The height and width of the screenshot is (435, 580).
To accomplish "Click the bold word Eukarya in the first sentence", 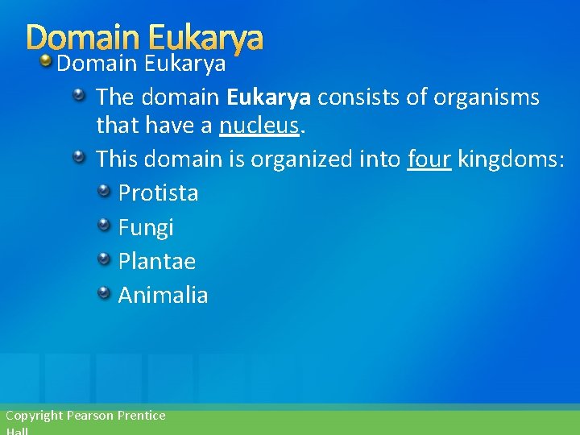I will pyautogui.click(x=268, y=98).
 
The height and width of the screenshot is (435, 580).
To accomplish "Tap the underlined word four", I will pyautogui.click(x=429, y=159).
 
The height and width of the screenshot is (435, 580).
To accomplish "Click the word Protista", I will pyautogui.click(x=158, y=193).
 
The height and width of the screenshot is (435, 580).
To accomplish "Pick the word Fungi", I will pyautogui.click(x=146, y=228).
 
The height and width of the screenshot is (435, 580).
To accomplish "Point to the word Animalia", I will pyautogui.click(x=163, y=296).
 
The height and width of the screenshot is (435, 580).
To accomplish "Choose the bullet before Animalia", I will pyautogui.click(x=105, y=293).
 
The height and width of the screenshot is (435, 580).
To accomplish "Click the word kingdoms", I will pyautogui.click(x=508, y=159).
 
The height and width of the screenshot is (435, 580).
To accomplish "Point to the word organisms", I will pyautogui.click(x=486, y=98).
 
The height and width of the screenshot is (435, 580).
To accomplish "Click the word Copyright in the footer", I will pyautogui.click(x=34, y=416).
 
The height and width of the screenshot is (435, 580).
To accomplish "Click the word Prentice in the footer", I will pyautogui.click(x=141, y=416).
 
